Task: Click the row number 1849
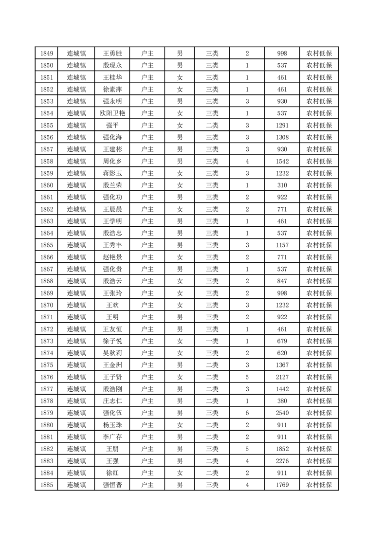47,54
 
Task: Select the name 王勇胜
112,54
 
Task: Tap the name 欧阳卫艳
112,113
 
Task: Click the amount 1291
282,126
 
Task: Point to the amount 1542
282,162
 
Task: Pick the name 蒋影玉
112,173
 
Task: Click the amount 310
282,185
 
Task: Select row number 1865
47,245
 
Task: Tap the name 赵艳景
112,257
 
